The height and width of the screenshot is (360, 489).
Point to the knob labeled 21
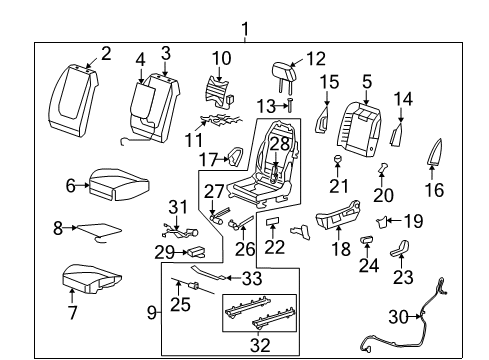(340, 159)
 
